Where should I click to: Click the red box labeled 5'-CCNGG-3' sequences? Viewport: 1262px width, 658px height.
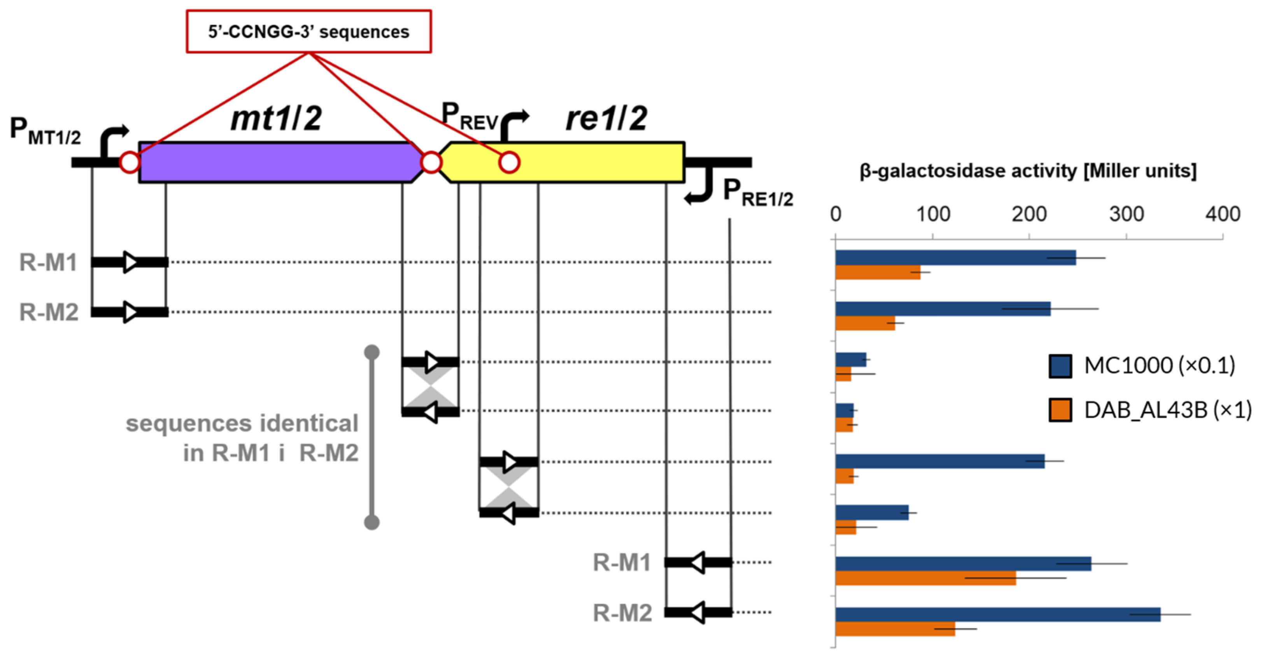[308, 32]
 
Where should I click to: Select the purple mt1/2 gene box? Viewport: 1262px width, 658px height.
[274, 162]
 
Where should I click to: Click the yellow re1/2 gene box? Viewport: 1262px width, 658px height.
[598, 162]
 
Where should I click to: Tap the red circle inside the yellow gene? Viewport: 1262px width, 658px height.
[509, 162]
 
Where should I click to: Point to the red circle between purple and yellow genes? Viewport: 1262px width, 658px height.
[431, 162]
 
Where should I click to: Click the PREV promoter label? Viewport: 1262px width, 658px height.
[469, 117]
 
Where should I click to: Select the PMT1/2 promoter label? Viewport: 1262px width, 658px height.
[45, 131]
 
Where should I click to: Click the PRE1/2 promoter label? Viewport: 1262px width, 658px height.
[757, 192]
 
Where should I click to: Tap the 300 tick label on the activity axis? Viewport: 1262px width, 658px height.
[1126, 214]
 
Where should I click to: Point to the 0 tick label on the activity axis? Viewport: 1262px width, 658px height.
[836, 214]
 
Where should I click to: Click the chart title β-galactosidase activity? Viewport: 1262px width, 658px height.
[1028, 171]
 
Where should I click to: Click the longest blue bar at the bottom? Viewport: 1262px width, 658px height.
[997, 614]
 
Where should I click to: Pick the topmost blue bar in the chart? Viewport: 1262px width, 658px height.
[955, 258]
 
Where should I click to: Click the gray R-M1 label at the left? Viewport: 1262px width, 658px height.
[48, 263]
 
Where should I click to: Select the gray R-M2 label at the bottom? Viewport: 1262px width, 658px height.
[622, 613]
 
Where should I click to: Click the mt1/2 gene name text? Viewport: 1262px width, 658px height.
[276, 119]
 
